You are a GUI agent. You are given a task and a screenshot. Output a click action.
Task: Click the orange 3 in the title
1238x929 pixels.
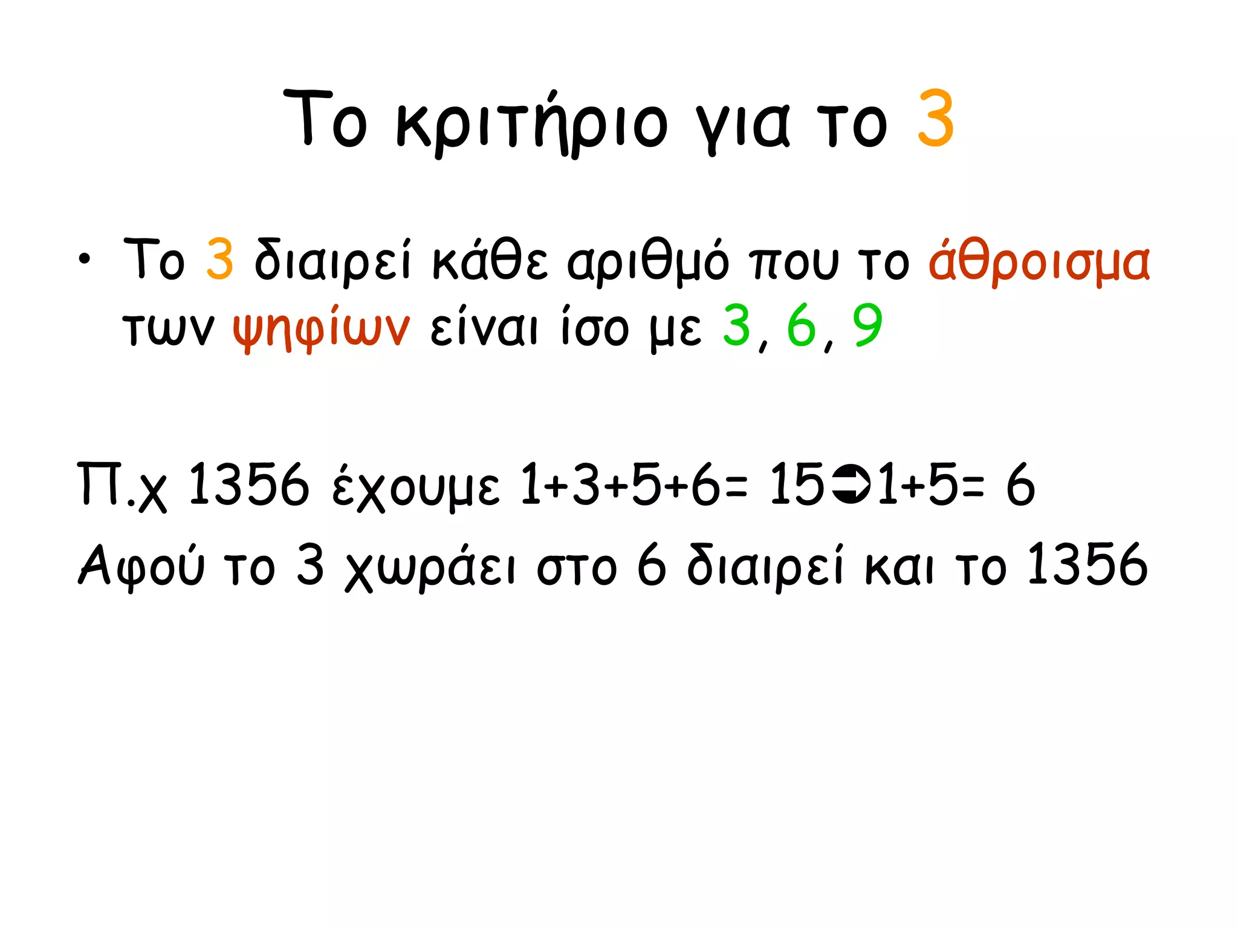935,119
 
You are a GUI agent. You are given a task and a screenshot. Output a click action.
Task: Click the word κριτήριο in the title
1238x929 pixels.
532,124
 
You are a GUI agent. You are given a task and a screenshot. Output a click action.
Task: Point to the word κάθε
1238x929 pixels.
490,260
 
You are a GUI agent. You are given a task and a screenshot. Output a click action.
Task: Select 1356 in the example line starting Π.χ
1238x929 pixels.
248,484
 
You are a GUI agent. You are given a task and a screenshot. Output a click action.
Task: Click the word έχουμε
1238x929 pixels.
416,487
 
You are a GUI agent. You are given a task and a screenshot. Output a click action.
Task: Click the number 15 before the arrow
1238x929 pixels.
797,484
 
